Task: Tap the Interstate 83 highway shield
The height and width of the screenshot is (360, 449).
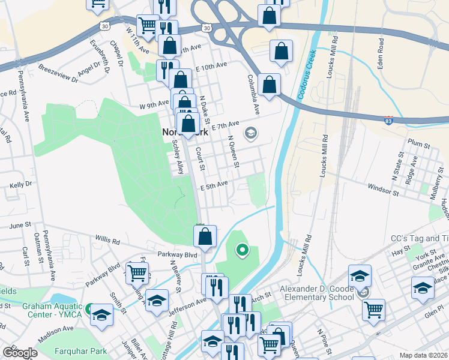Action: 389,120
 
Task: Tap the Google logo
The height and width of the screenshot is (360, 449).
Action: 20,353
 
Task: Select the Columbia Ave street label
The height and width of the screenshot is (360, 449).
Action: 255,95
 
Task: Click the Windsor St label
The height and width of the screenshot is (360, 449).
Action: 383,190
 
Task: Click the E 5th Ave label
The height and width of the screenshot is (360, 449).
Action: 214,185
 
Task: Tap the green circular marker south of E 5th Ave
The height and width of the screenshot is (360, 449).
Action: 242,249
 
